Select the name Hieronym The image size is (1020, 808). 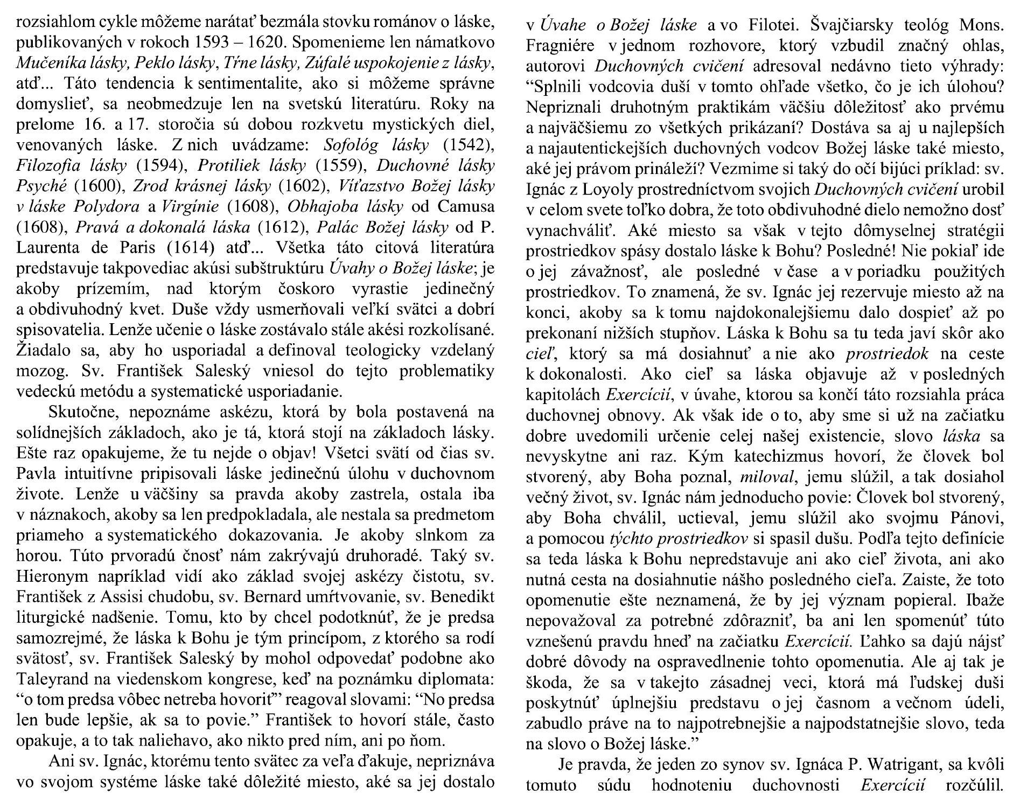pyautogui.click(x=50, y=577)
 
